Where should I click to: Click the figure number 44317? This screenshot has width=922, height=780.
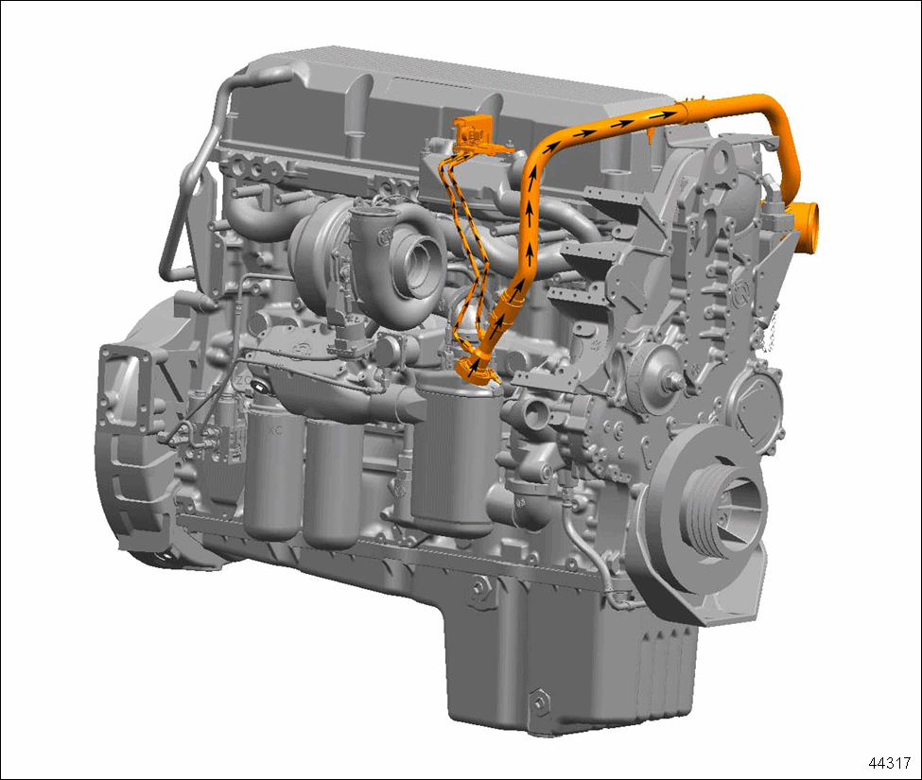(889, 763)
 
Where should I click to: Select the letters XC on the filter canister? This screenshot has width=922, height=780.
(275, 430)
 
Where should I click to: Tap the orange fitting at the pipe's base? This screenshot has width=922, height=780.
(477, 368)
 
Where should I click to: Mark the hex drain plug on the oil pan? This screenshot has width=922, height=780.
(538, 701)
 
